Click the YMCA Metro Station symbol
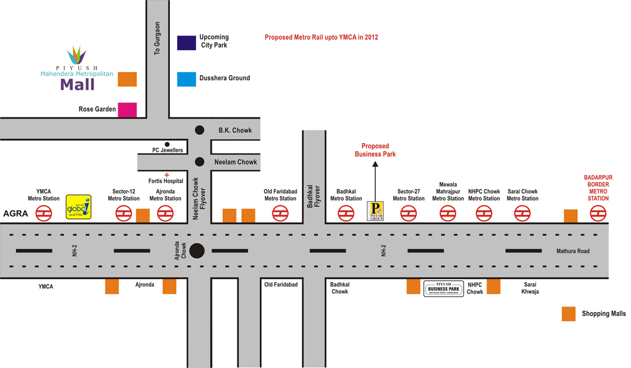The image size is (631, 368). click(44, 213)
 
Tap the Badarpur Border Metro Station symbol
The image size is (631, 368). click(598, 213)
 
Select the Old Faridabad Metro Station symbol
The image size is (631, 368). click(280, 213)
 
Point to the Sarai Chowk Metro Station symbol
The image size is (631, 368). click(523, 213)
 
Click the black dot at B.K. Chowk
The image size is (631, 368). click(199, 130)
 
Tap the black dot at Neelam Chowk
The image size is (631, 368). click(199, 162)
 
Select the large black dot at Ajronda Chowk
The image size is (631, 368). click(197, 251)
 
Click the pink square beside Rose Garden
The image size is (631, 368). click(127, 110)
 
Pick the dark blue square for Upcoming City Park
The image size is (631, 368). click(186, 43)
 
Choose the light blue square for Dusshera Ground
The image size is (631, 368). click(186, 79)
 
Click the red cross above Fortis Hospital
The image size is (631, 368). click(167, 175)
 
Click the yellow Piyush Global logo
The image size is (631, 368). click(79, 207)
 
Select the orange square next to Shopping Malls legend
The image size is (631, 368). click(568, 314)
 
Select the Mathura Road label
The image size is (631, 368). click(573, 251)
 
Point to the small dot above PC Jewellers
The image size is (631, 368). click(167, 144)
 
